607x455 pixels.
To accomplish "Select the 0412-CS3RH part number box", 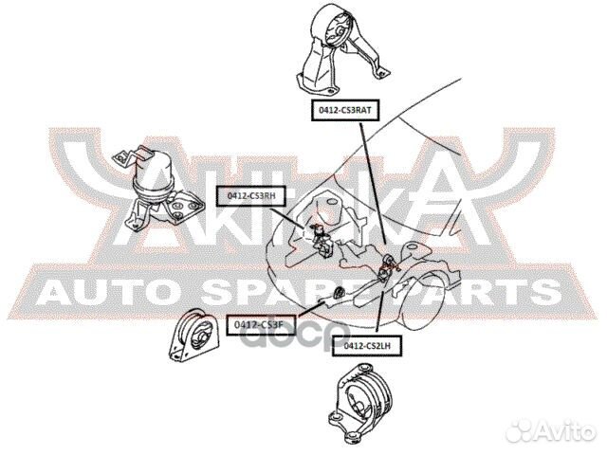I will click(251, 196).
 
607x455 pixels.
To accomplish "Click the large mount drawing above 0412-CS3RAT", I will click(338, 52).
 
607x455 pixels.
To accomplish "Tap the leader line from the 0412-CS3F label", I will click(313, 308).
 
